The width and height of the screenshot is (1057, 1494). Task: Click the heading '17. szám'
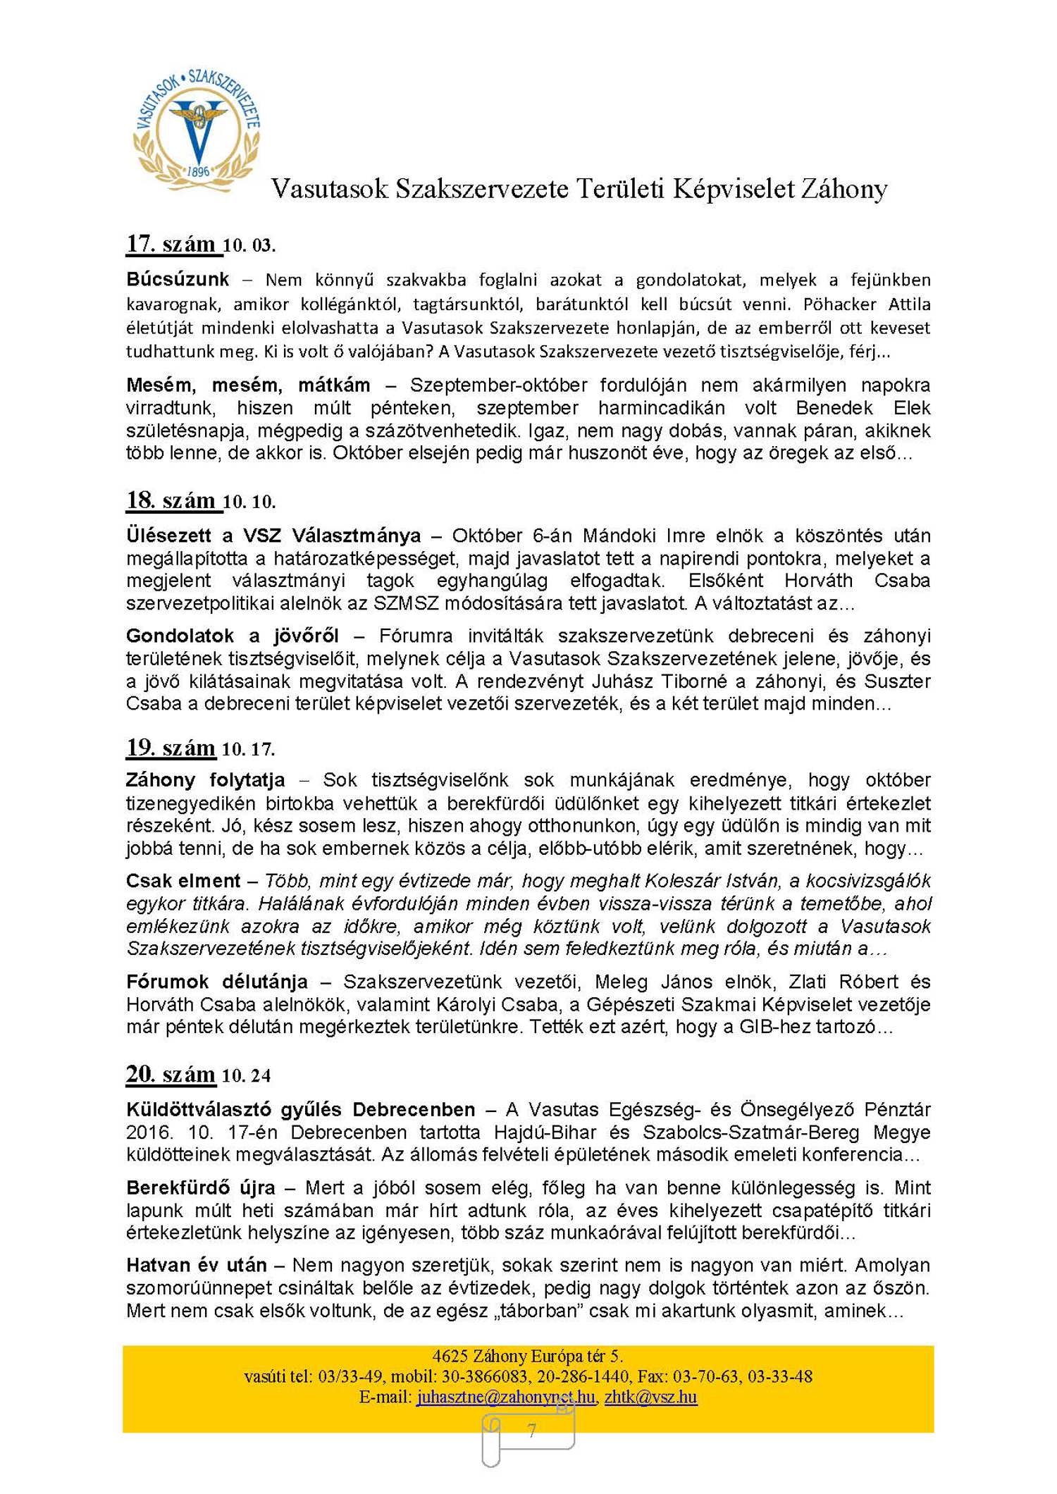click(171, 244)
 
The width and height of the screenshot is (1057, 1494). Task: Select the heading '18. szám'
click(171, 500)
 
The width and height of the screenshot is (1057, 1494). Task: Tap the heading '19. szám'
click(171, 747)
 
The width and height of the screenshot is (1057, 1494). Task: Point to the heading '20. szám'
click(171, 1074)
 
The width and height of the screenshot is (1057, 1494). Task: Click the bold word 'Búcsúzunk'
click(178, 280)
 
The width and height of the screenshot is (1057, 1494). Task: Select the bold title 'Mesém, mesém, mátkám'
click(248, 385)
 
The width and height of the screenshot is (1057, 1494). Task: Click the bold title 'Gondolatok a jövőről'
click(233, 636)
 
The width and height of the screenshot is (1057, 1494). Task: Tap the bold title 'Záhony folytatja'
click(205, 780)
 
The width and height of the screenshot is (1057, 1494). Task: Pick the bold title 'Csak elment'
click(183, 881)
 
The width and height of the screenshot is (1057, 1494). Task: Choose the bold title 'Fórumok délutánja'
click(217, 982)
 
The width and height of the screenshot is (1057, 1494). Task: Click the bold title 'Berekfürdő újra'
click(201, 1188)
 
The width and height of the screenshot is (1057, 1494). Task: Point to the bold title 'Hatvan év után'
click(197, 1266)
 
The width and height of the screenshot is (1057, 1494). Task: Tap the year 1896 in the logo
click(198, 171)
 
